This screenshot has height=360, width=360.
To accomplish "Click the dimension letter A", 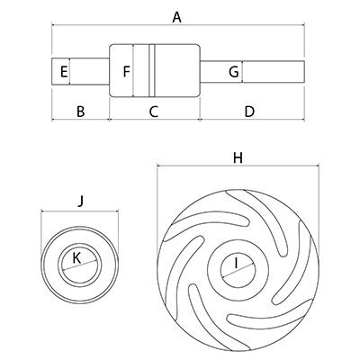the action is tap(177, 17).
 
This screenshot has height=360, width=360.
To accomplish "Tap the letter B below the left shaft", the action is tap(81, 112).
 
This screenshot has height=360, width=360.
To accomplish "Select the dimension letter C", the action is tap(153, 112).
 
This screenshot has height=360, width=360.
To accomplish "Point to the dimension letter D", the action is tap(249, 112).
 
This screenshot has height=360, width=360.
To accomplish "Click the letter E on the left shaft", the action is tap(64, 72).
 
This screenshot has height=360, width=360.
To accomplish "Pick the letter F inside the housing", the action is tap(126, 72).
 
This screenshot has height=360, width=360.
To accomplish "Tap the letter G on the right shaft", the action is tap(234, 72).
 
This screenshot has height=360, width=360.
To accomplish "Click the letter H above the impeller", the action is tap(238, 157).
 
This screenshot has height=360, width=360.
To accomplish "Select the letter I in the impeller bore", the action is tap(236, 264).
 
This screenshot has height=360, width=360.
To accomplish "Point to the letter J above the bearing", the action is tap(80, 201).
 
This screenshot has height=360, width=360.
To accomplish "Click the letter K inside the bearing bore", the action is tap(76, 258).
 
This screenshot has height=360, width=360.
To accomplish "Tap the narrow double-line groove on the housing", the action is tap(152, 71).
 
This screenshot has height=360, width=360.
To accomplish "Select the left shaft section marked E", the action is tap(80, 71).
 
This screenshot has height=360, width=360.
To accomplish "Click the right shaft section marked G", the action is tap(252, 72).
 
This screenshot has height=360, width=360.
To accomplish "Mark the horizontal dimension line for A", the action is tap(178, 26).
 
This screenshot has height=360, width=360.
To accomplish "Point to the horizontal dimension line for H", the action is tap(238, 166).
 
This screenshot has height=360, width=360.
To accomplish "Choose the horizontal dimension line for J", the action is tap(80, 211).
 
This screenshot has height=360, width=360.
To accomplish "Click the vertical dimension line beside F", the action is tap(132, 71).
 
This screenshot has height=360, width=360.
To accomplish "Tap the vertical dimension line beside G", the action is tap(242, 72).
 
